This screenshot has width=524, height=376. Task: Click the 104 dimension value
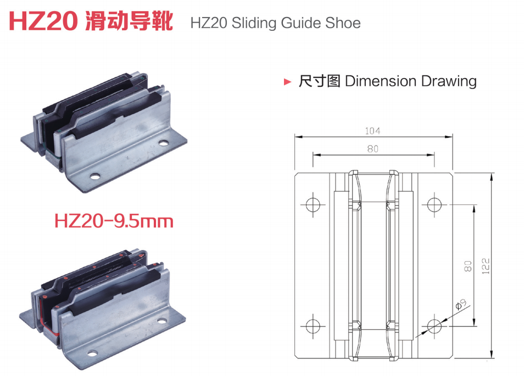click(x=372, y=131)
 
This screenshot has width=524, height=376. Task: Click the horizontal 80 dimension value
click(x=372, y=149)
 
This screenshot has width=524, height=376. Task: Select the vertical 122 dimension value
click(x=486, y=266)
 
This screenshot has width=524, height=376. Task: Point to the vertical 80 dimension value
click(x=468, y=266)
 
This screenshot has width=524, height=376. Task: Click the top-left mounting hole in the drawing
click(x=313, y=204)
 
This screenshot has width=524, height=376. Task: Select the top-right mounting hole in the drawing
click(x=434, y=204)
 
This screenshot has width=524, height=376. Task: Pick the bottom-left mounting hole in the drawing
click(x=313, y=326)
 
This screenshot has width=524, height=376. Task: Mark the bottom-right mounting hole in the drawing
click(x=434, y=326)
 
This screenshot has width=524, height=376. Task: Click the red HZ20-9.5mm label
click(x=114, y=222)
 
